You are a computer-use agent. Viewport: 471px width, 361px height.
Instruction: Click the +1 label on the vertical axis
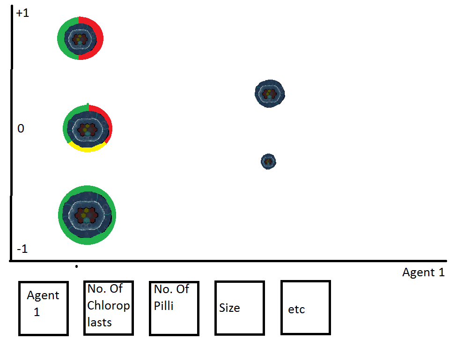point(22,14)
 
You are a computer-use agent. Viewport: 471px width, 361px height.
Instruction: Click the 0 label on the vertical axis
point(21,128)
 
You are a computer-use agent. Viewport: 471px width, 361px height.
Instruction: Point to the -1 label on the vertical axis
point(22,249)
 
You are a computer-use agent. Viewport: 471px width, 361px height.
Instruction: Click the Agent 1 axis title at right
point(423,273)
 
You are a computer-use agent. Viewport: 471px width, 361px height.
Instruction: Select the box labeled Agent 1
point(44,308)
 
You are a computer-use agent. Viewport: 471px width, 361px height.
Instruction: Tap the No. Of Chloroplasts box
point(109,308)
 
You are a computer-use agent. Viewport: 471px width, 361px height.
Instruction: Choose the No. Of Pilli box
point(174,308)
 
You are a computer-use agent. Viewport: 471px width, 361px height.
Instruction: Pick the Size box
point(240,308)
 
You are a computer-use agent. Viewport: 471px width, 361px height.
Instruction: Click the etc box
point(305,307)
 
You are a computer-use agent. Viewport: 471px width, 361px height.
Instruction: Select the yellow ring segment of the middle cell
point(88,148)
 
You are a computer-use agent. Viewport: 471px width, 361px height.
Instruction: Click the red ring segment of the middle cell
point(107,119)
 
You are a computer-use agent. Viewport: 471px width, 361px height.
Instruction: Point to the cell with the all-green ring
point(87,215)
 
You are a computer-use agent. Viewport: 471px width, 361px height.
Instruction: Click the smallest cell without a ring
point(268,162)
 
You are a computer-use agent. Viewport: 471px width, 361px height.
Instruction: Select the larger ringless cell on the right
point(269,93)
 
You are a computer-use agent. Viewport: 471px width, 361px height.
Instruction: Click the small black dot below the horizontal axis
point(76,267)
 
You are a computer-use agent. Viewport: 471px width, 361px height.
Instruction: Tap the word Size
point(229,308)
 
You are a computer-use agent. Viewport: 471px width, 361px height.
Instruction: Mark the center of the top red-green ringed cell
point(80,38)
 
